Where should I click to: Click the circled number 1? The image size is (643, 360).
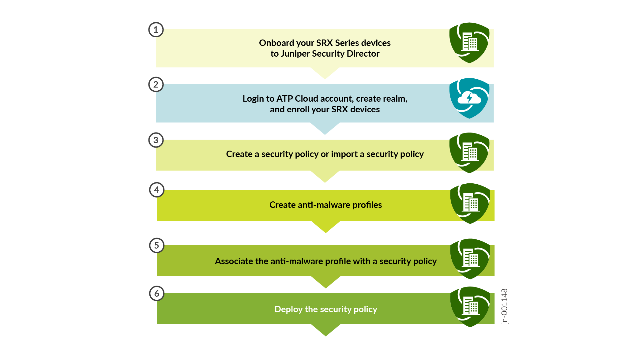pos(156,30)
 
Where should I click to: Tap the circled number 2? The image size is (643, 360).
pos(156,84)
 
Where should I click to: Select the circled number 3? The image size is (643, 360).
pos(156,140)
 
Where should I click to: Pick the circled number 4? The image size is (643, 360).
pos(157,190)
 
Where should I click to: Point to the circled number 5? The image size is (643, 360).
pos(157,246)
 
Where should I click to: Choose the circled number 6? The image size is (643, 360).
pos(157,294)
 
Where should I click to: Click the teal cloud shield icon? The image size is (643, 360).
pos(469,98)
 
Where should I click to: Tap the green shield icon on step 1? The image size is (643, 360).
pos(469,43)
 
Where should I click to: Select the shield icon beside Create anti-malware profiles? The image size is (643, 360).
pos(470,204)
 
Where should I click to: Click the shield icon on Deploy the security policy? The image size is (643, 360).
pos(470,307)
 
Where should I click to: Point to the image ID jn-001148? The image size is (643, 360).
pos(504,306)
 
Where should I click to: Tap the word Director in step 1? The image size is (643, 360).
pos(363,54)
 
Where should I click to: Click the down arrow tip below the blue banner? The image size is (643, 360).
pos(325,134)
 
